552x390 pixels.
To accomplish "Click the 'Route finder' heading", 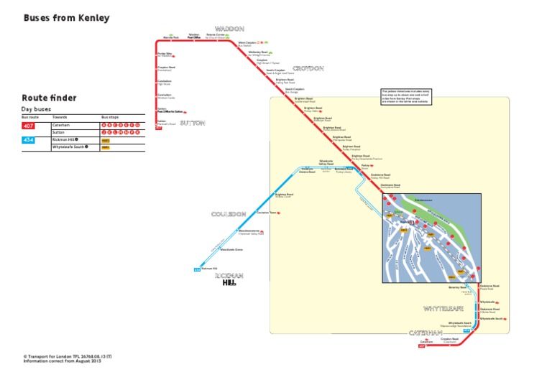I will click(49, 98).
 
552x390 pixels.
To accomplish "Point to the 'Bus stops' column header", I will click(110, 116).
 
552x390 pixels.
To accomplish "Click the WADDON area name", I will click(230, 29).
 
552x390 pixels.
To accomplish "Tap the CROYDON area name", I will click(308, 69).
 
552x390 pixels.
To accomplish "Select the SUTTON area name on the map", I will click(193, 123).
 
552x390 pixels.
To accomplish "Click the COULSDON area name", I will click(229, 214).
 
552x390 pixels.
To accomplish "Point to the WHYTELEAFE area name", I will click(443, 308).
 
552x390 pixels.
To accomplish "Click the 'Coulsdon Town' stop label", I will click(266, 213).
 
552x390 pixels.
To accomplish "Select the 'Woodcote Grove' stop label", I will click(231, 249).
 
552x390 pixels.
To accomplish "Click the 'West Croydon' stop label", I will click(247, 43).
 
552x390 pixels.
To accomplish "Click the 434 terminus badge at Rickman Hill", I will click(197, 270).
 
